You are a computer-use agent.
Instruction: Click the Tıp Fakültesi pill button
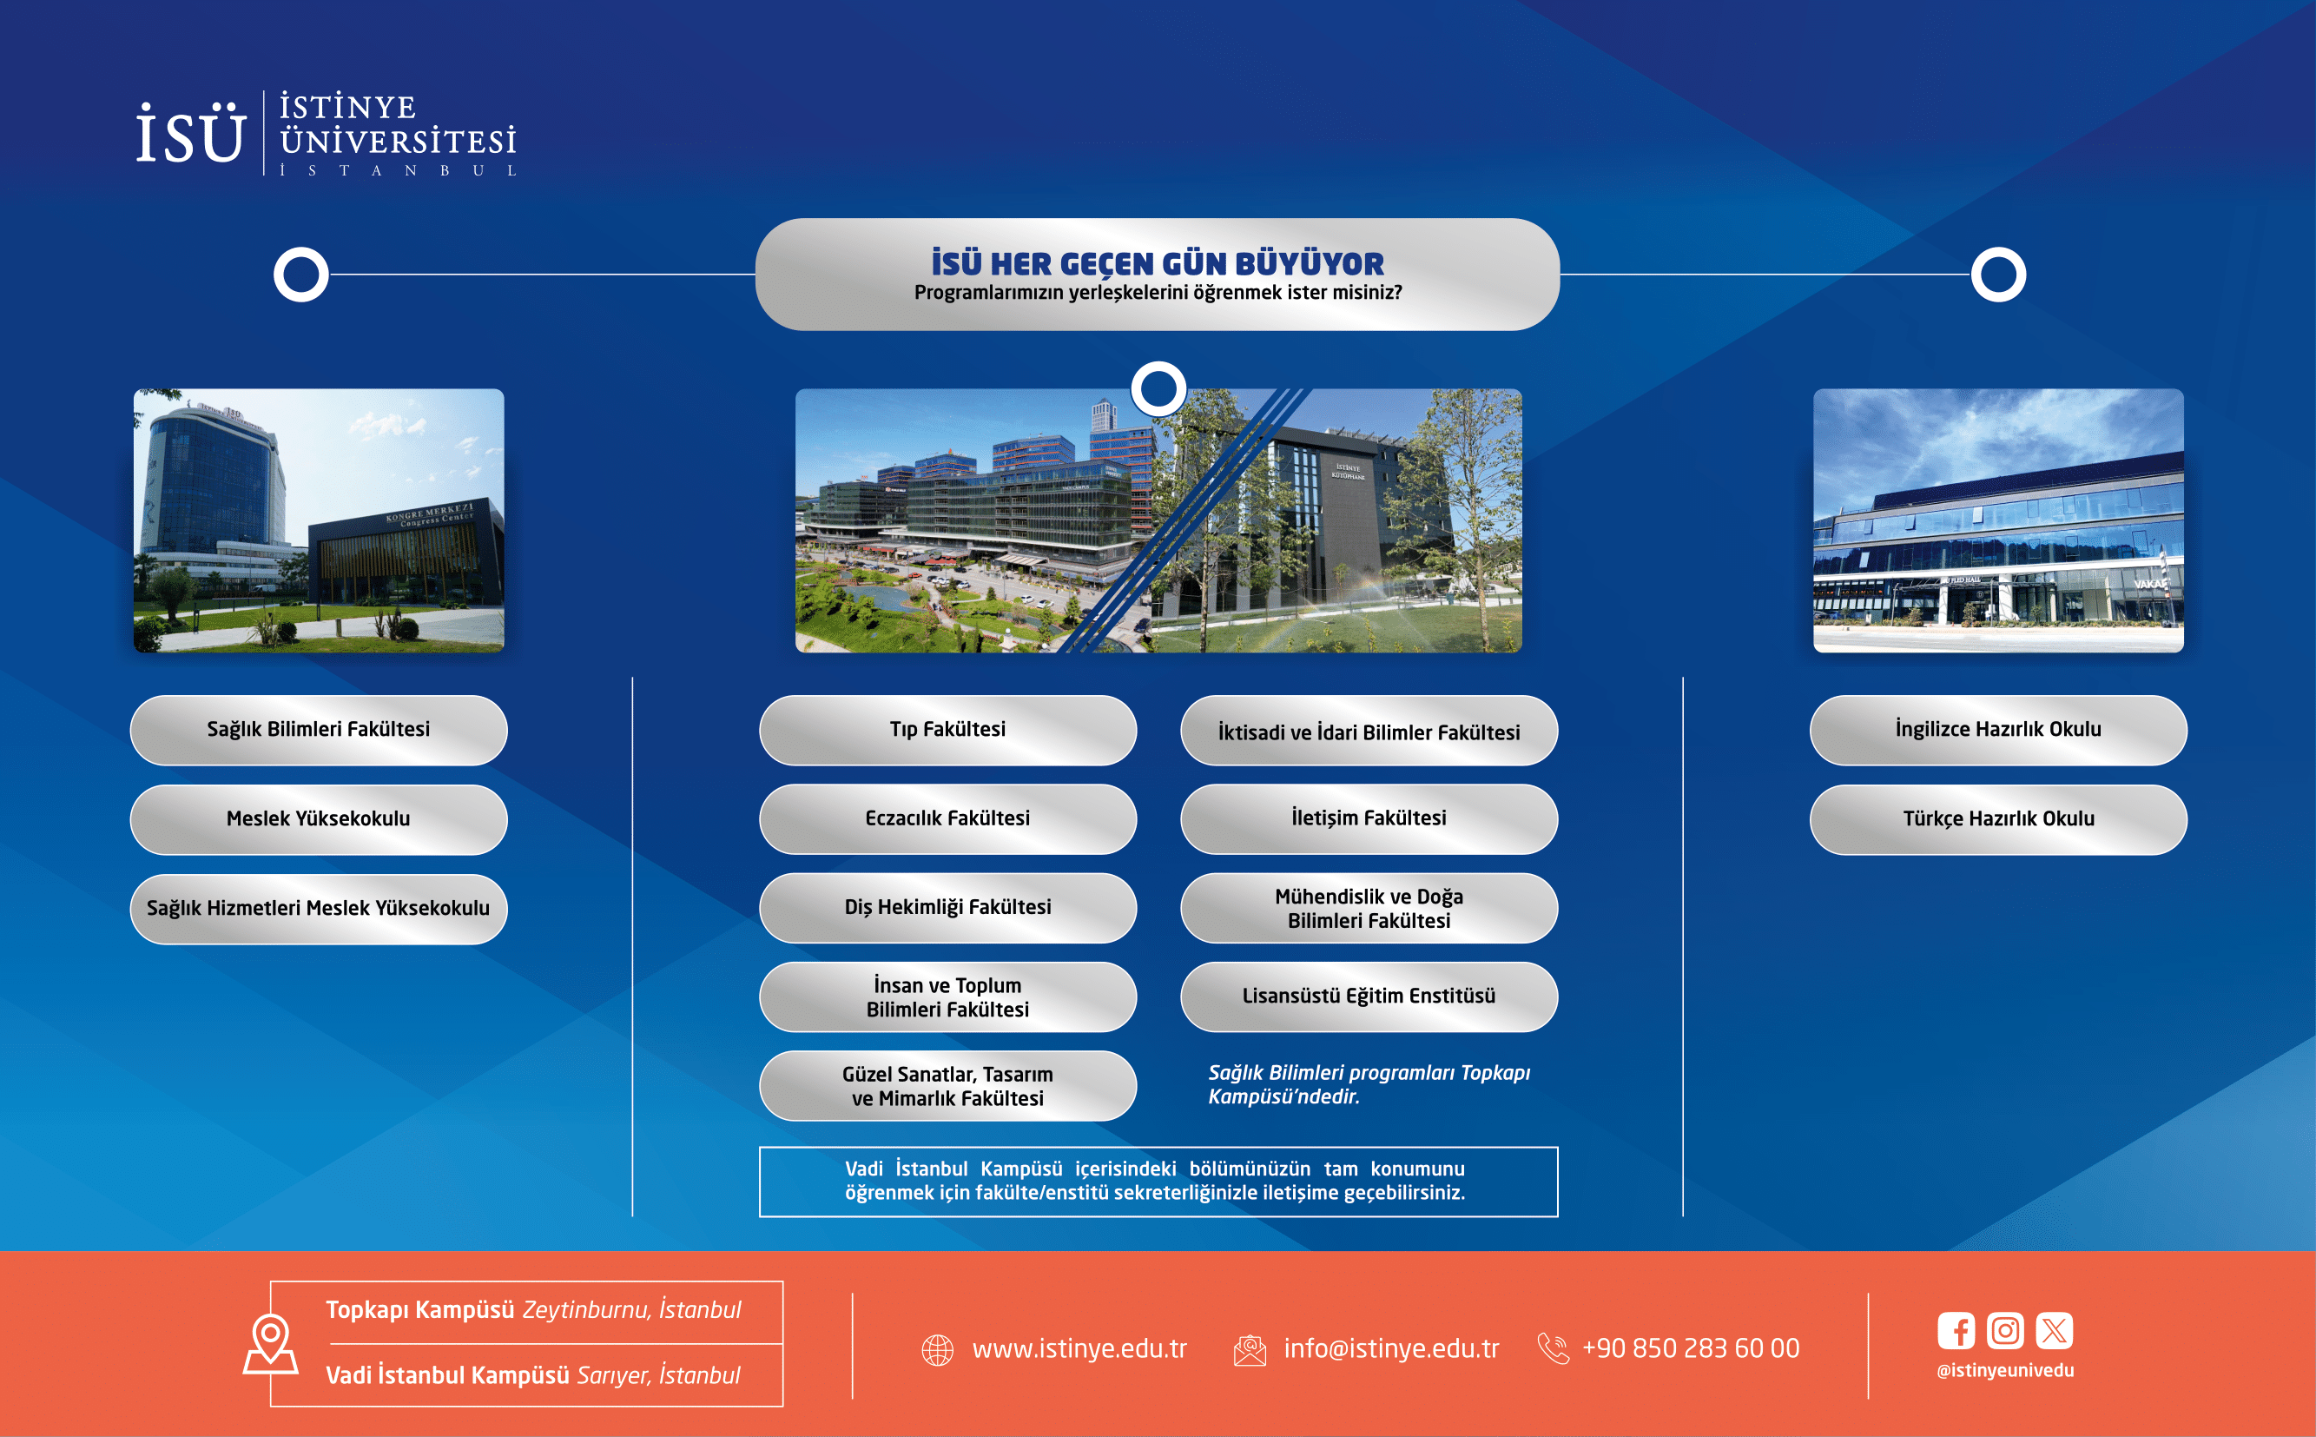(947, 730)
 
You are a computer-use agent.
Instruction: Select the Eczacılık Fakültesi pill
(947, 819)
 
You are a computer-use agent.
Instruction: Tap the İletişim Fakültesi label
(1368, 818)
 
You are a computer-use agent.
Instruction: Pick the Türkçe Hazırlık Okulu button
(1998, 819)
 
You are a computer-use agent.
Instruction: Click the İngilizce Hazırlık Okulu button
(1998, 730)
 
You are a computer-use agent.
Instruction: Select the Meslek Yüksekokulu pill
(318, 819)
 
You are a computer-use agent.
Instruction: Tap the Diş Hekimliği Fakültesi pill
(947, 908)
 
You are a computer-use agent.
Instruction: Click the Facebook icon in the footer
(1956, 1330)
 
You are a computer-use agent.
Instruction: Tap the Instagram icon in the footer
(2004, 1330)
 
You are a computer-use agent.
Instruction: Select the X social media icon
(2054, 1330)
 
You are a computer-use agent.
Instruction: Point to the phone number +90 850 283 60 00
(1690, 1348)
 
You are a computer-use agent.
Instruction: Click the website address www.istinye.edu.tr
(1079, 1348)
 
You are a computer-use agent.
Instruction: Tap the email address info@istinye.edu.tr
(1391, 1348)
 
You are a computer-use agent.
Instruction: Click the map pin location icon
(271, 1345)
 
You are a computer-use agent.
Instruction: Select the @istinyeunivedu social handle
(2005, 1370)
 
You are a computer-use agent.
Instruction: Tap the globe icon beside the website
(938, 1349)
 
